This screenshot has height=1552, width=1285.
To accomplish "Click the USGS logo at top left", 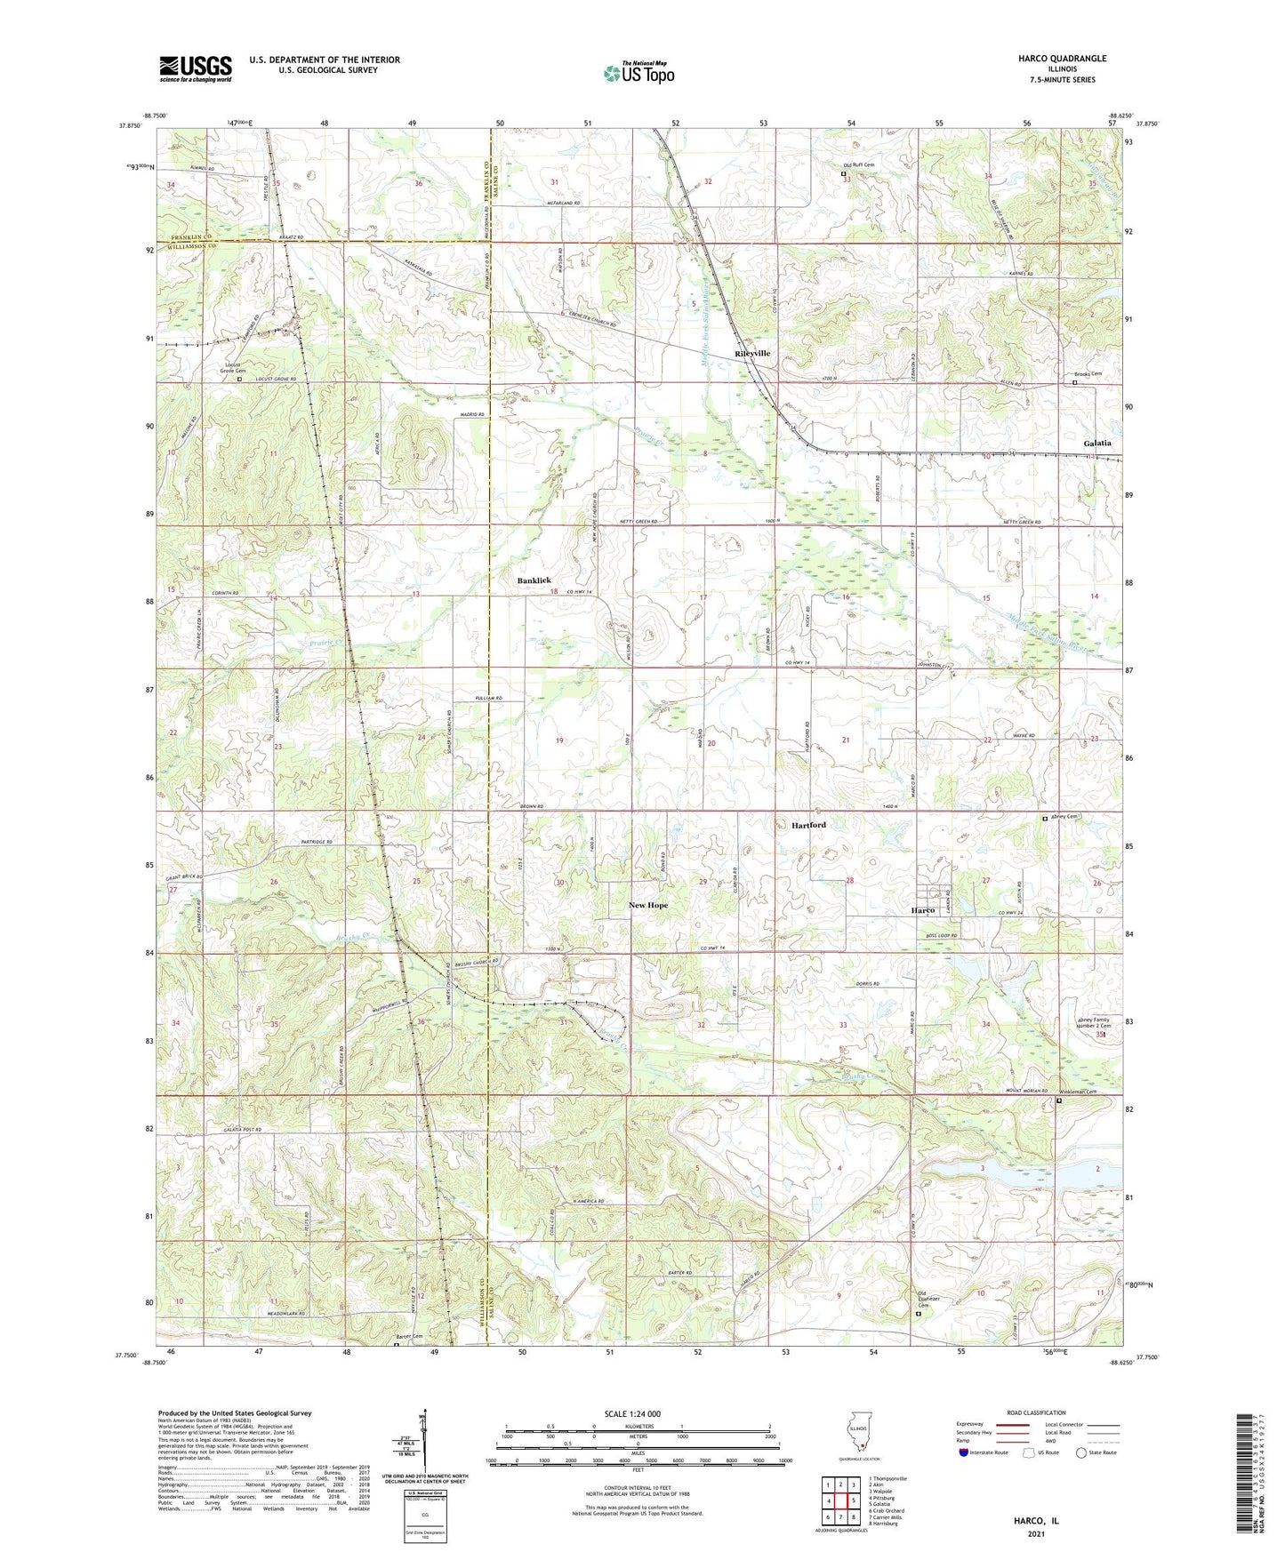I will click(196, 68).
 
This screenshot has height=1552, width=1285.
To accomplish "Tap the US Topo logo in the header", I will click(638, 74).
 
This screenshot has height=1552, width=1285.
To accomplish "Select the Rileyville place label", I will click(752, 353).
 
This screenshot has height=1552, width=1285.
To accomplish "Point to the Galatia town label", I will click(1097, 443).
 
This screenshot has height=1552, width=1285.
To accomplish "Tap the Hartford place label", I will click(808, 825).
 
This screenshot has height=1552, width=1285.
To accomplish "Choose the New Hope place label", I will click(647, 905).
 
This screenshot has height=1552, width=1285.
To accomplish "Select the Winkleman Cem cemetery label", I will click(1077, 1092).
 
